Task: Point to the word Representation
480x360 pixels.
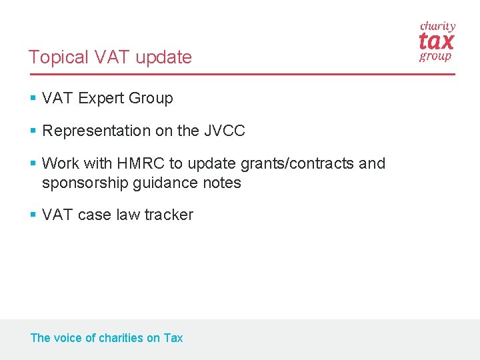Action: click(96, 131)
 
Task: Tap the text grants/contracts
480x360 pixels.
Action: click(291, 164)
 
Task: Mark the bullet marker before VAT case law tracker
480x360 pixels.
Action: click(33, 215)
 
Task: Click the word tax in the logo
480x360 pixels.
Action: click(437, 42)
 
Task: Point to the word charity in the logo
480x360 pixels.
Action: click(437, 27)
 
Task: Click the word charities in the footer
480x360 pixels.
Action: click(121, 338)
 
